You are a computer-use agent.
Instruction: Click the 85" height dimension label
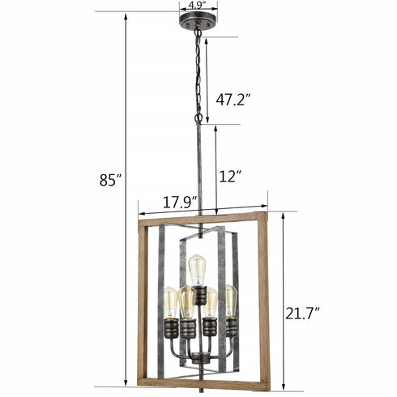109,181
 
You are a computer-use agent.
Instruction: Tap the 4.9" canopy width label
195,5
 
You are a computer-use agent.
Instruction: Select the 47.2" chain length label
233,100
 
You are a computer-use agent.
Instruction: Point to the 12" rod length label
231,176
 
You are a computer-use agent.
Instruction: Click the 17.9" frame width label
179,203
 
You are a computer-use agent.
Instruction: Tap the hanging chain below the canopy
196,73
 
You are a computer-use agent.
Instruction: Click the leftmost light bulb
170,302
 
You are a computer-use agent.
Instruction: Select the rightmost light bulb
230,301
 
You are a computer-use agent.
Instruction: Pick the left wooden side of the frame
143,304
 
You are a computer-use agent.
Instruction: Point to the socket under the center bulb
198,294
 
